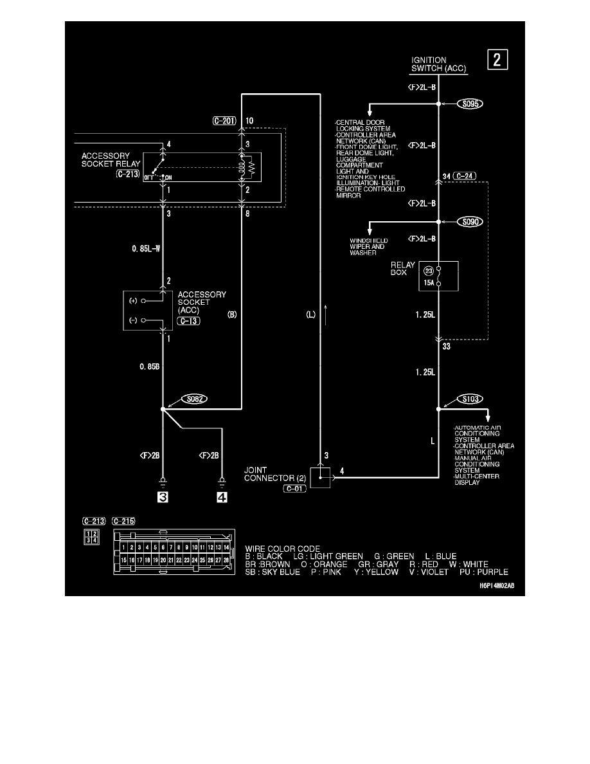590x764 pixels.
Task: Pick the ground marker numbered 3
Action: coord(164,497)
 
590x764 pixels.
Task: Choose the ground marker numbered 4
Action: coord(222,497)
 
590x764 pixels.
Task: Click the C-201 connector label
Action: coord(226,120)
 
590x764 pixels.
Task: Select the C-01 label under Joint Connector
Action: coord(294,489)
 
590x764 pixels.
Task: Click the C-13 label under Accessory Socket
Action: coord(190,321)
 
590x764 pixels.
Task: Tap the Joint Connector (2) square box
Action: coord(321,478)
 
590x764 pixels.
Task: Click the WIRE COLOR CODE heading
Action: coord(283,549)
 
